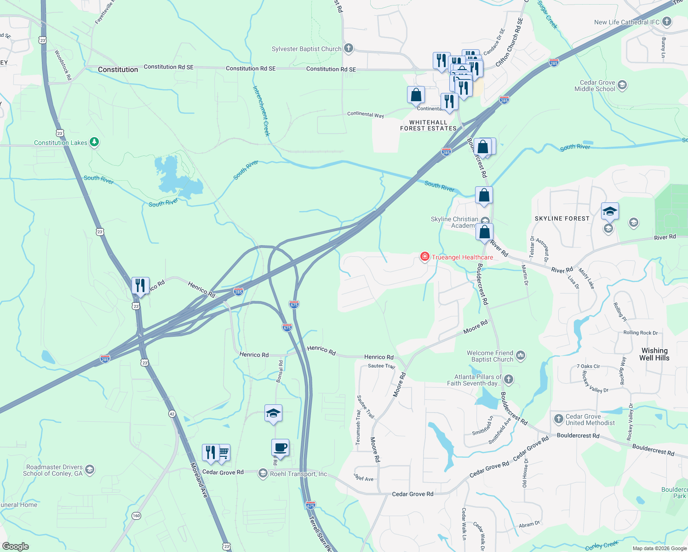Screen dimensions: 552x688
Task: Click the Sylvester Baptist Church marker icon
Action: [x=349, y=48]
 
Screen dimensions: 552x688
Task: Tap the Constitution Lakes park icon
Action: [x=94, y=142]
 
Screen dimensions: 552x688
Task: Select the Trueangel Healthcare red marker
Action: [x=425, y=257]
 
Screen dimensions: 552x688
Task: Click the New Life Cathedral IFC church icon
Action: [x=667, y=22]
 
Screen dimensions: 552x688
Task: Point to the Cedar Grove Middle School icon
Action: [x=622, y=85]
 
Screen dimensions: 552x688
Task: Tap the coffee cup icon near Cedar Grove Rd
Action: [x=280, y=448]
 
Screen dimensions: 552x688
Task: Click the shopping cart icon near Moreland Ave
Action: [x=224, y=452]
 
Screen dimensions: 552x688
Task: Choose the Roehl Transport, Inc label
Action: [x=298, y=474]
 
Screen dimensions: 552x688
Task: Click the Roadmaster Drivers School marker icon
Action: [x=90, y=470]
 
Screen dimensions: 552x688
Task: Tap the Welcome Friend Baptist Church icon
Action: [x=521, y=355]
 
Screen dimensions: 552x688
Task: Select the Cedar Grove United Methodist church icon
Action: [x=559, y=419]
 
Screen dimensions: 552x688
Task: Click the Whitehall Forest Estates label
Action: [x=428, y=126]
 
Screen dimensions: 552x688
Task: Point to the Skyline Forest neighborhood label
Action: [x=562, y=218]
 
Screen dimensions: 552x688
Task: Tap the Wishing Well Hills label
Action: [x=654, y=354]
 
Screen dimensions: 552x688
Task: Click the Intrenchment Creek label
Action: [x=261, y=111]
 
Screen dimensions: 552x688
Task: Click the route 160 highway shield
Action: [x=136, y=516]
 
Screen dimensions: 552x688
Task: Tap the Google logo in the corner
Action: [x=16, y=546]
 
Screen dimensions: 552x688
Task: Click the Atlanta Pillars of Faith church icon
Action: [x=508, y=379]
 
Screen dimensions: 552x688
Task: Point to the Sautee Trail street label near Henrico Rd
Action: [x=381, y=366]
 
